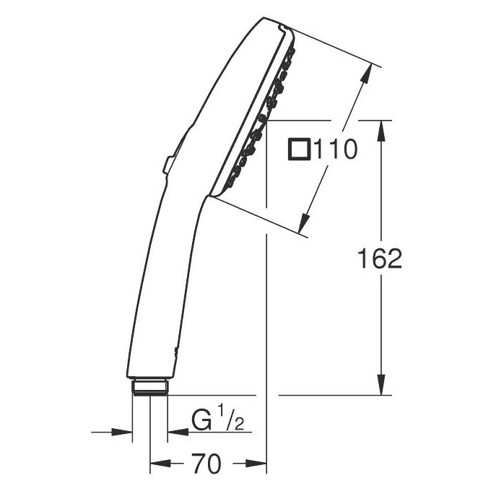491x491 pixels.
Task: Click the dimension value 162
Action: [x=380, y=258]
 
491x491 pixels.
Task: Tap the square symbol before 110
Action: [x=298, y=150]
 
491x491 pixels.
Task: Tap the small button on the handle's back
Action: [x=168, y=165]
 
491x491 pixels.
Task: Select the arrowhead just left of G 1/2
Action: [x=175, y=433]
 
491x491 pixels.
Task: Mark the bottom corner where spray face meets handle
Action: [x=214, y=194]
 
